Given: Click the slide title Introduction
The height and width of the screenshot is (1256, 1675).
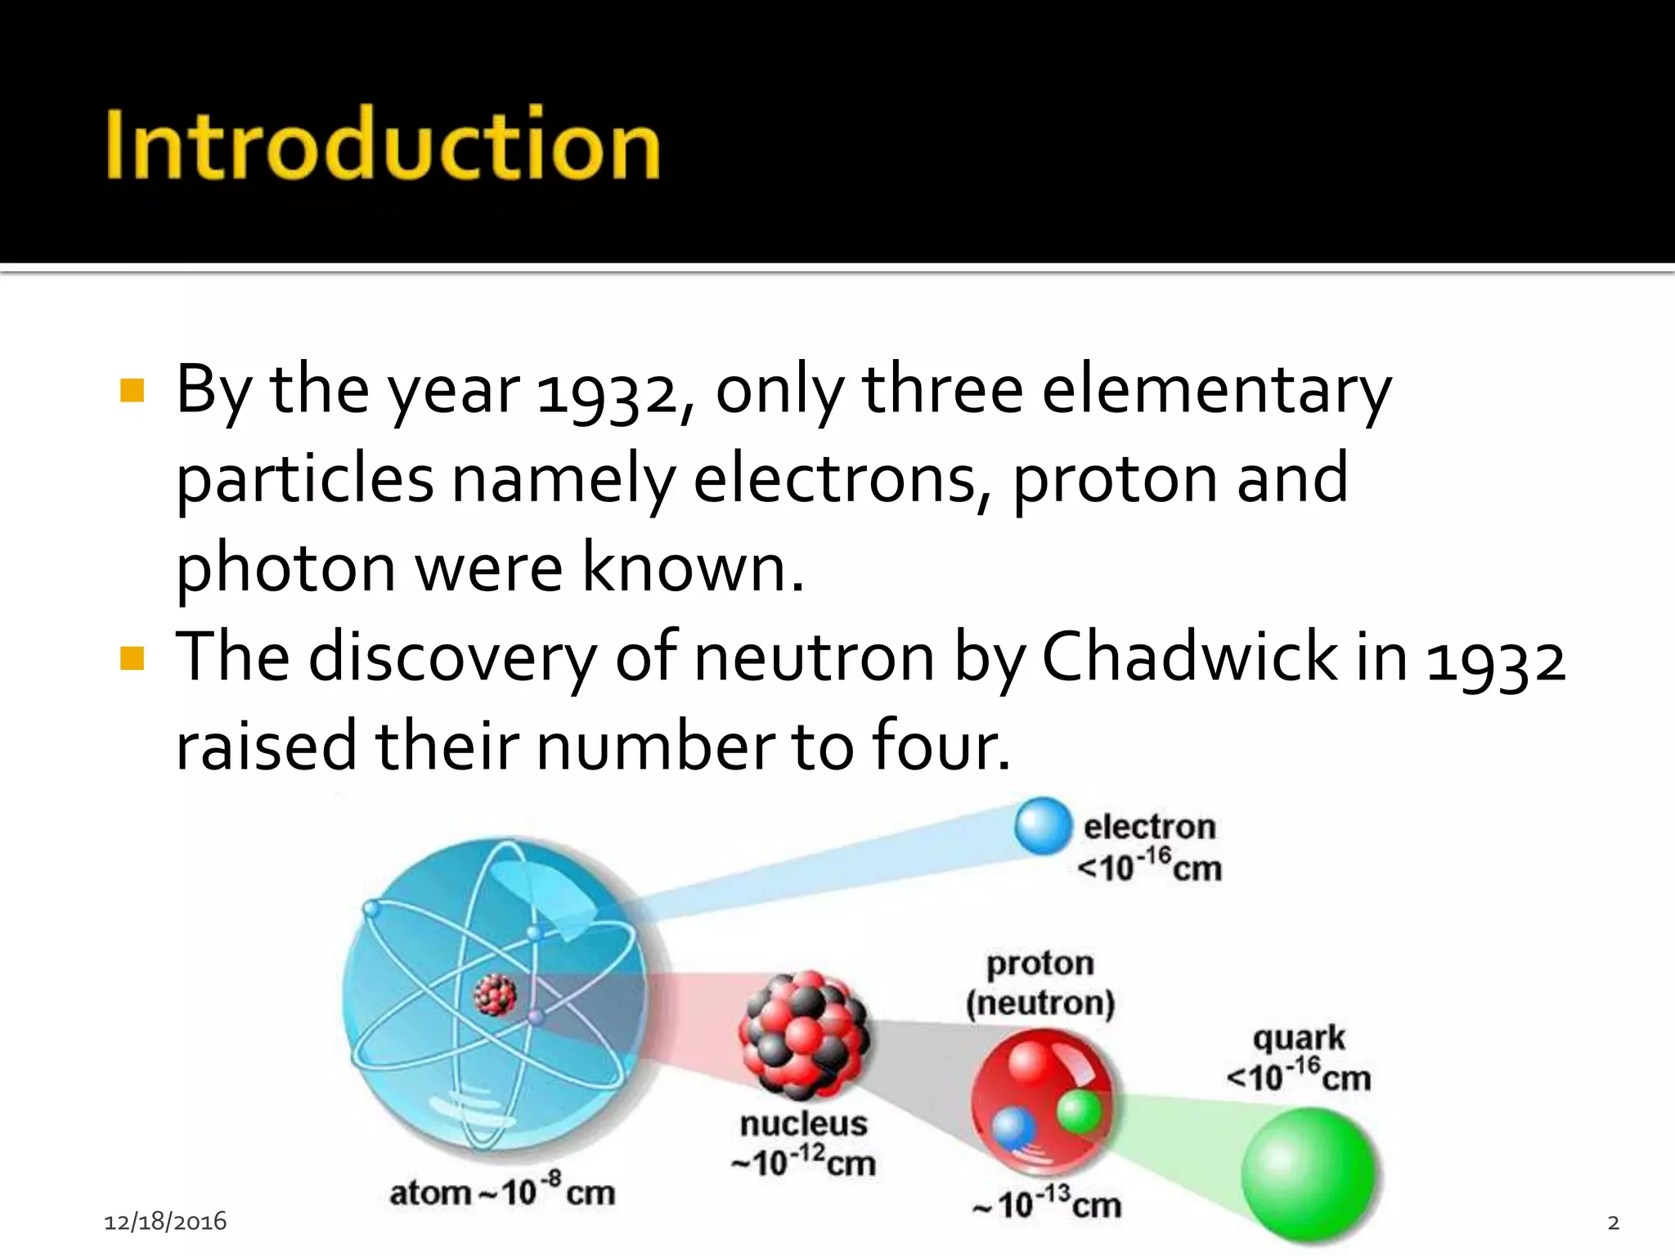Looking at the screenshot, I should pos(383,144).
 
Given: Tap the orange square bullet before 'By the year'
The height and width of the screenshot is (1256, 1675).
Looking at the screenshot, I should pos(132,391).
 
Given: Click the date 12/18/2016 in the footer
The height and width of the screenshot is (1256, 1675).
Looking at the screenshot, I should pos(165,1222).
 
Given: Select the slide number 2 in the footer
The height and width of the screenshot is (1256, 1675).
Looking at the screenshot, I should pos(1613,1222).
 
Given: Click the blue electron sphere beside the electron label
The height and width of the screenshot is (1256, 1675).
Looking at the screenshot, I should pos(1043,826).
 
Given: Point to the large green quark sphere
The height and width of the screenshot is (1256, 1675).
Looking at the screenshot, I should pos(1307,1174).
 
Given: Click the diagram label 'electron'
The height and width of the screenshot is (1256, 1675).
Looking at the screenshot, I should pos(1149,827).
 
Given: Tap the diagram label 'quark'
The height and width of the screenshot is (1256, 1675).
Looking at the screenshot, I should pos(1299,1038).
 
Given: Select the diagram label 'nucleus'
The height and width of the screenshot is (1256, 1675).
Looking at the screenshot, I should pos(803,1124).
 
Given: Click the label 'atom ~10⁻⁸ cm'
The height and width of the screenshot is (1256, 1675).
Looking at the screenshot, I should pos(502,1192).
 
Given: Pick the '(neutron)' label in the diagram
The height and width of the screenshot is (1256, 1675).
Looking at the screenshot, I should pos(1040,1003).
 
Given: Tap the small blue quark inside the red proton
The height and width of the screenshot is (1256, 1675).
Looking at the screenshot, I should pos(1013,1128).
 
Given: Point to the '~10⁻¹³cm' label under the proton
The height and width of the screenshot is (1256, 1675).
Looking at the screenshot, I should pos(1047,1204).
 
